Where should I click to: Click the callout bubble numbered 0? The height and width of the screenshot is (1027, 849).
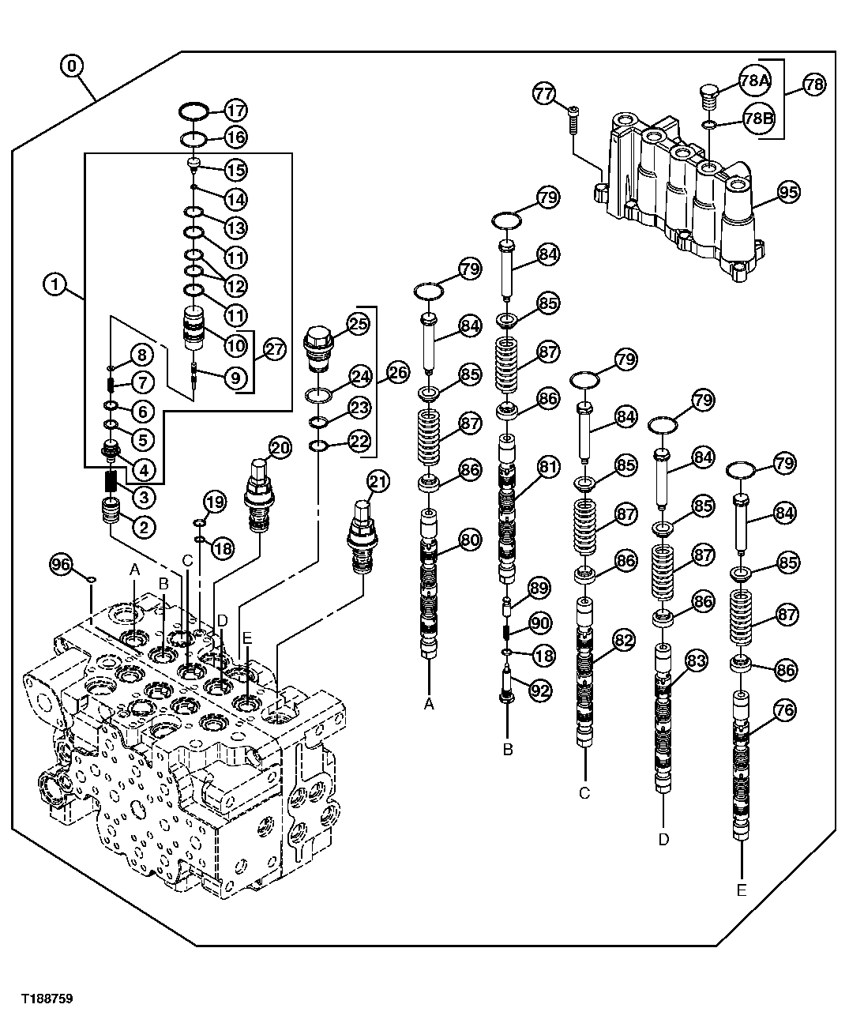point(72,66)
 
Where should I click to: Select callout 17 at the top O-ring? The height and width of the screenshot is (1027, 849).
point(235,110)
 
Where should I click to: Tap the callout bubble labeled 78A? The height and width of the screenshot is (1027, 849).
point(754,80)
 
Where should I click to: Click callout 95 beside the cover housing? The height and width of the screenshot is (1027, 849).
point(788,190)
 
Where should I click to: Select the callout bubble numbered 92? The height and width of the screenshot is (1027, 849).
point(539,690)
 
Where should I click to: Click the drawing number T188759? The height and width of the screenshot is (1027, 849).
point(47,999)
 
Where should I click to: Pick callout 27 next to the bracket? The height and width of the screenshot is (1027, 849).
point(273,348)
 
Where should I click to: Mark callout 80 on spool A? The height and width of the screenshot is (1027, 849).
point(469,540)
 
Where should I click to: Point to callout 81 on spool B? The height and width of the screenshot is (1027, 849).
point(548,468)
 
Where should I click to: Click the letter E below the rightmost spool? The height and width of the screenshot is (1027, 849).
point(741,890)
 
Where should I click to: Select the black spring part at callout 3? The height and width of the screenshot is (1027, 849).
point(111,480)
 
